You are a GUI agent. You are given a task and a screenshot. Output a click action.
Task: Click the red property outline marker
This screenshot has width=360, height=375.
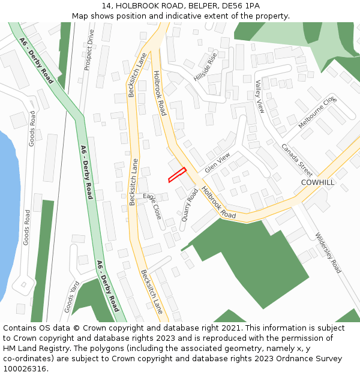[x=177, y=175]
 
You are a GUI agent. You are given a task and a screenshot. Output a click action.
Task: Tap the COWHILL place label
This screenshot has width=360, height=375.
[x=317, y=182]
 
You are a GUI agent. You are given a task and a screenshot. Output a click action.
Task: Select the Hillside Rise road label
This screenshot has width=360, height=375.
[x=205, y=67]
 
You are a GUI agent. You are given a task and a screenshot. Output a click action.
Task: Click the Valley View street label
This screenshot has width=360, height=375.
[x=260, y=97]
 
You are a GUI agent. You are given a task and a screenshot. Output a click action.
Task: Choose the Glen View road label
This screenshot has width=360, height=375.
[x=217, y=163]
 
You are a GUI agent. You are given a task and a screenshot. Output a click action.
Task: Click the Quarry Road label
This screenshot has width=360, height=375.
[x=190, y=205]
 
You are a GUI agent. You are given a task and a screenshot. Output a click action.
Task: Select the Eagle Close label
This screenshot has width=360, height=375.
[x=152, y=206]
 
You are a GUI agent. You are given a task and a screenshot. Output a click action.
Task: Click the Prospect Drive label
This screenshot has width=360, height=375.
[x=89, y=50]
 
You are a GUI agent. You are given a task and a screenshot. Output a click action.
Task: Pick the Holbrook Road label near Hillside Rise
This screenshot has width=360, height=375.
[x=159, y=93]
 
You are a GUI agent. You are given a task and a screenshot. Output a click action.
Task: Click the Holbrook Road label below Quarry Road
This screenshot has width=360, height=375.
[x=218, y=202]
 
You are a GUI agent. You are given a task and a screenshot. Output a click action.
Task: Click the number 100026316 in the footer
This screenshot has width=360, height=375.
[x=26, y=369]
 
